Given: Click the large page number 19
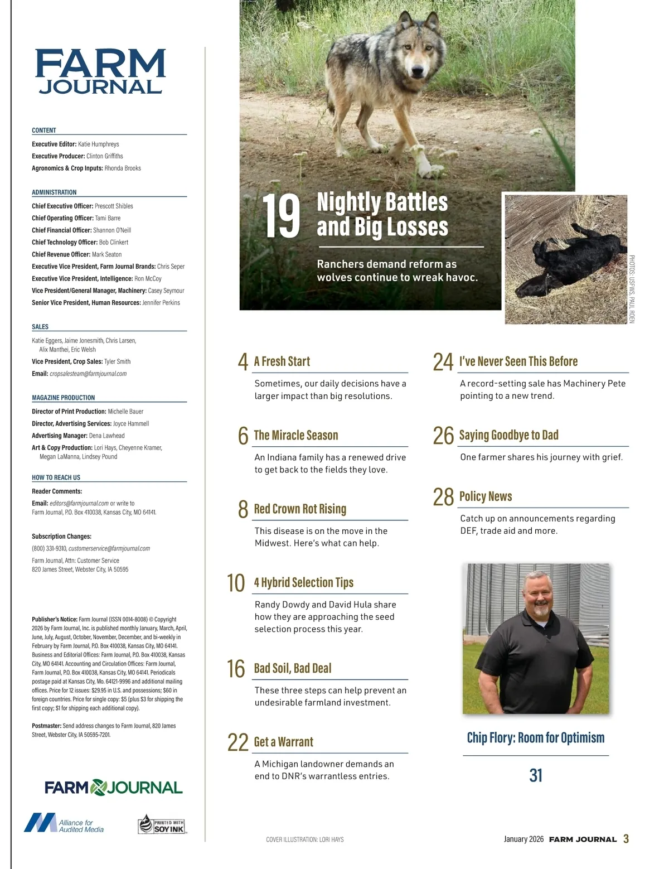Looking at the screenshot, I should coord(281,216).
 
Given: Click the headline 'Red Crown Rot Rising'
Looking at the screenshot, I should coord(300,509).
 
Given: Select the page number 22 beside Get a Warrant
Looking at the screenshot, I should coord(237,742).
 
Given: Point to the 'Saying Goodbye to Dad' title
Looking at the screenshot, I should coord(508,435).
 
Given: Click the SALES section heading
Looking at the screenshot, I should coord(40,327).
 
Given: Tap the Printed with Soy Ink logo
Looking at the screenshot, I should coord(161,824).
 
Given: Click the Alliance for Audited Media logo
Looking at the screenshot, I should coord(64,823).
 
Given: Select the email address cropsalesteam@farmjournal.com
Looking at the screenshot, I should coord(88,374).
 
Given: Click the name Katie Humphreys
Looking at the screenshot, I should coord(99,144).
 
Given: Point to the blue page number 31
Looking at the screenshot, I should coord(535,775).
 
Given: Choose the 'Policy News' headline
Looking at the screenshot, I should coord(485,496).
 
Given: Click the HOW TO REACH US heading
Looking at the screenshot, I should coord(56,477).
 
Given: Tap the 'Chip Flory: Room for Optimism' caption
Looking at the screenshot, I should coord(535,738).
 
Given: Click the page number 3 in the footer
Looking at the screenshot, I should coord(626,839).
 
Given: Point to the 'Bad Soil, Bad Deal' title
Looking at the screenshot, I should coord(292,668).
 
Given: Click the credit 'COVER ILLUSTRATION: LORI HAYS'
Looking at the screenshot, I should coord(305,839).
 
